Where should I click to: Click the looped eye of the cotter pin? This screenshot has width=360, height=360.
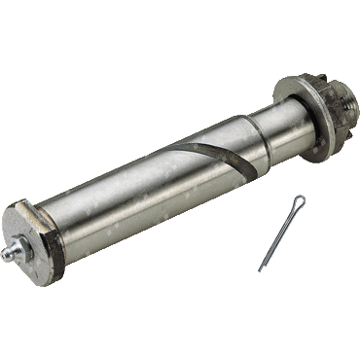coord(301,203)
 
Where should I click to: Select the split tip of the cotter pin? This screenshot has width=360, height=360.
coord(261,270)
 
